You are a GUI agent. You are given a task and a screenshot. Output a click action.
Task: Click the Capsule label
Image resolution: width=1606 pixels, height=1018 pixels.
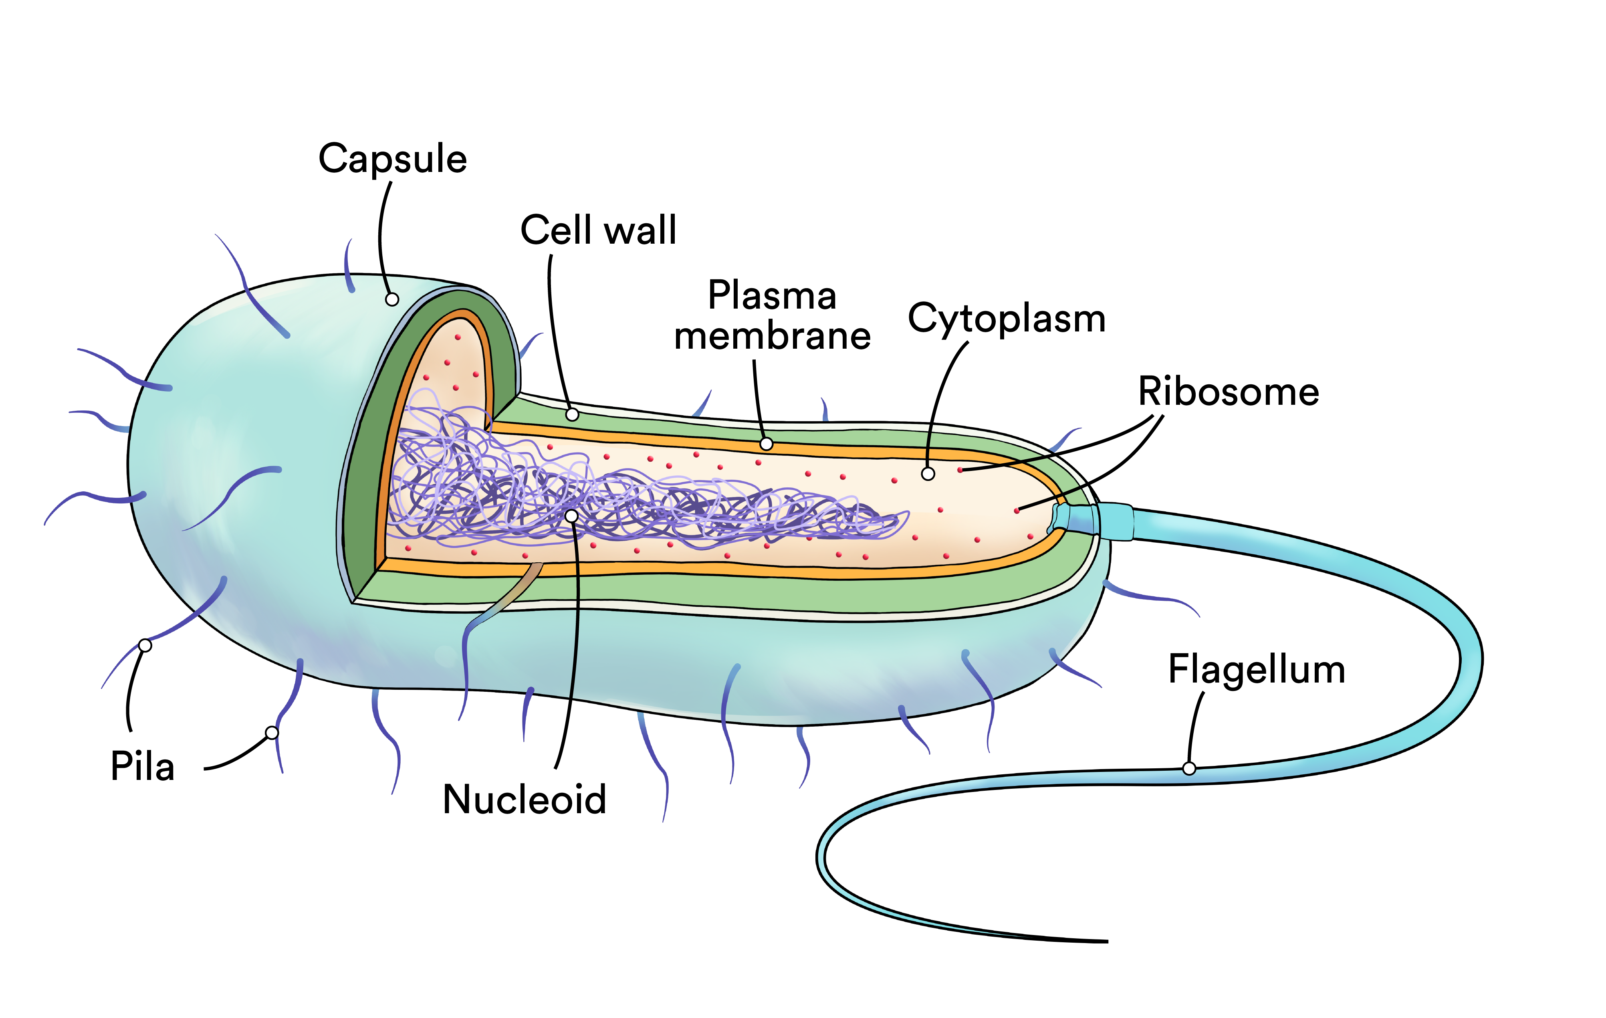coord(392,160)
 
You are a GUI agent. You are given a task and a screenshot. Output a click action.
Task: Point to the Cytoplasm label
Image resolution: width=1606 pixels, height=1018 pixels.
coord(1007,319)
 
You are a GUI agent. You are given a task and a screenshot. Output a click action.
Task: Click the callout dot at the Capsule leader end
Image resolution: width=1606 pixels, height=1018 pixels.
coord(392,299)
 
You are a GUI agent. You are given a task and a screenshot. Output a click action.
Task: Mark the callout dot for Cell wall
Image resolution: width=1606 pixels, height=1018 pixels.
coord(572,415)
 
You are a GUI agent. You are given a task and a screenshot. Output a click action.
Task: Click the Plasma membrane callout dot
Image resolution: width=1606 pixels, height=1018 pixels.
coord(766,444)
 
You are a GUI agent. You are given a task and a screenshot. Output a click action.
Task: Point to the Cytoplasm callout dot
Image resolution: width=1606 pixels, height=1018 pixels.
coord(928,474)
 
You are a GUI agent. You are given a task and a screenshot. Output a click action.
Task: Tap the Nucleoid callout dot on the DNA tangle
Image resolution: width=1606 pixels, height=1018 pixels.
coord(571,516)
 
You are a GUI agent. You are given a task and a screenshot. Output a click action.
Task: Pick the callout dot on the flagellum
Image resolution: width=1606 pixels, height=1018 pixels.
coord(1189,768)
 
